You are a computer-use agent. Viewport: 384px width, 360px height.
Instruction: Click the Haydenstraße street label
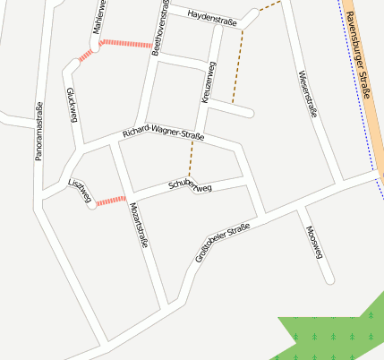212,17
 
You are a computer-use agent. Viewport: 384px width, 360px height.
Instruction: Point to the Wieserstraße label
308,93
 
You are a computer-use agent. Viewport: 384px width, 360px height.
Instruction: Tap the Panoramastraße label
38,133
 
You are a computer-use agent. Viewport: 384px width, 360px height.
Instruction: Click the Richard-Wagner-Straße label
164,134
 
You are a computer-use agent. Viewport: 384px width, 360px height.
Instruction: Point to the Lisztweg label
80,190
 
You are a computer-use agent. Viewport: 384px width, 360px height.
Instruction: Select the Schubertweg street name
190,186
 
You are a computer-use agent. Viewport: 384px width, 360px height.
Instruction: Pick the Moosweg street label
313,243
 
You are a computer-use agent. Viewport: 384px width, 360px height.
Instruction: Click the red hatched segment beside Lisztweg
111,201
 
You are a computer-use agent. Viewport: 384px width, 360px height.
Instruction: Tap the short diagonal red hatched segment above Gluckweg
85,56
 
